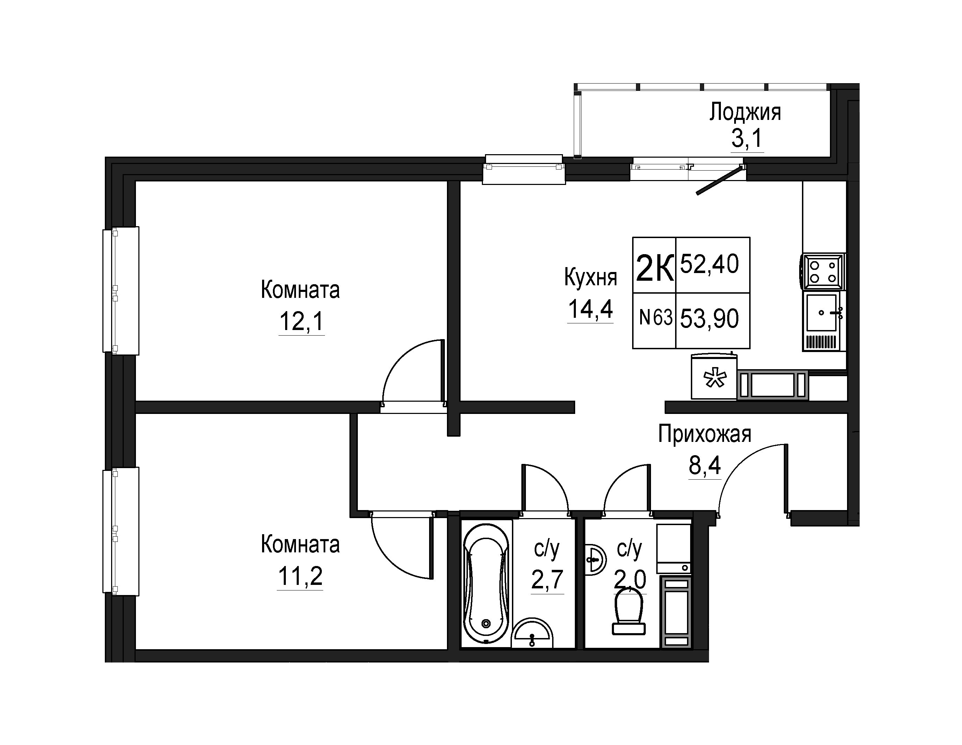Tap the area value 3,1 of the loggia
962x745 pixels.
pos(747,139)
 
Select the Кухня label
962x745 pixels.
pos(591,278)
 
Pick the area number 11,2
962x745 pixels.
pos(300,576)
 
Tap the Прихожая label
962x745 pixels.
pos(705,434)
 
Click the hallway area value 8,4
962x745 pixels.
pos(705,465)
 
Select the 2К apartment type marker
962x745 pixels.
pos(654,268)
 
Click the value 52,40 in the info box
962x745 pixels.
pos(710,264)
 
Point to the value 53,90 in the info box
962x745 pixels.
pos(710,319)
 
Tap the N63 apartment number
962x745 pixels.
pos(656,317)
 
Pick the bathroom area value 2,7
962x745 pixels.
pos(548,579)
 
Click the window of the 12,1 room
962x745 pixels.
pos(121,291)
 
